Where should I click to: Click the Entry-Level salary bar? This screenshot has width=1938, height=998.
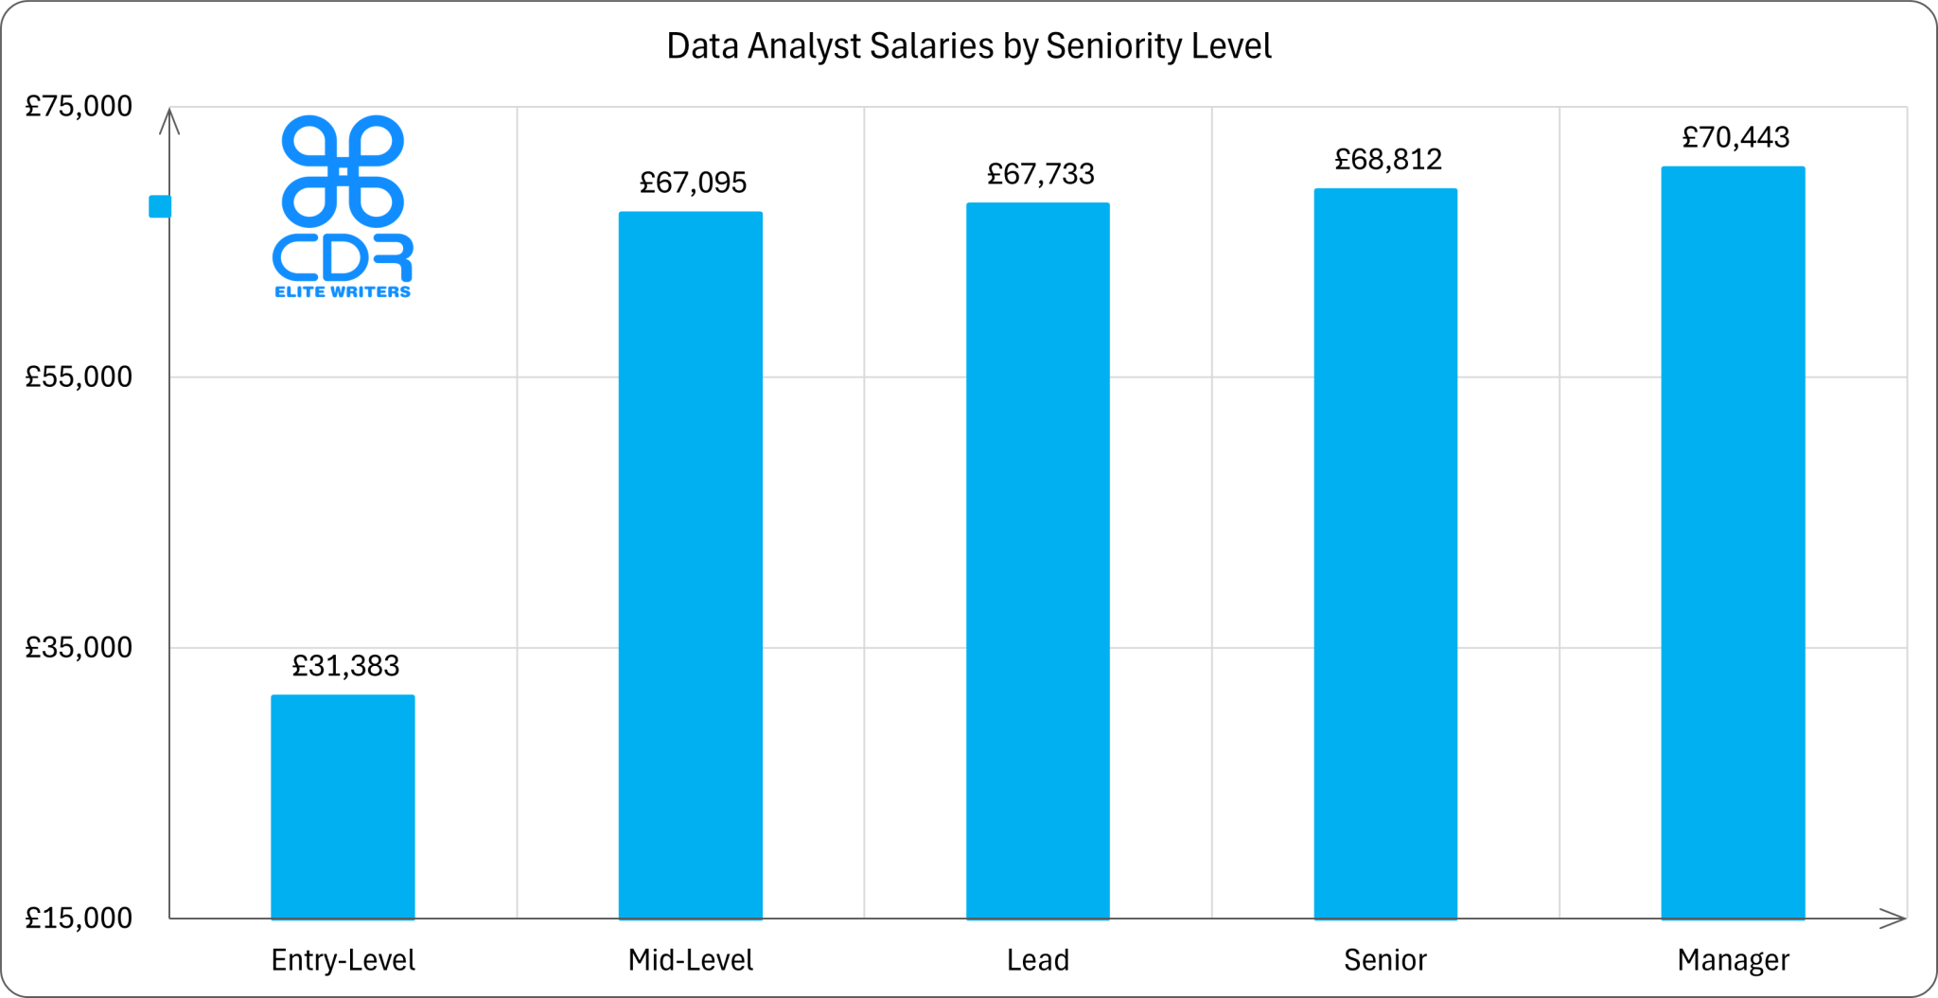click(x=343, y=806)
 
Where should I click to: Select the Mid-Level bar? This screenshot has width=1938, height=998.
click(x=690, y=565)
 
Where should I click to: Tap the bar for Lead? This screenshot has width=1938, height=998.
click(x=1037, y=560)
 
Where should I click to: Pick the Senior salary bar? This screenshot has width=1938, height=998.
click(x=1385, y=553)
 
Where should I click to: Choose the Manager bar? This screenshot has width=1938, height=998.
click(x=1733, y=542)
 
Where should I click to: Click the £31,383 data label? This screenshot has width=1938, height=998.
click(x=345, y=666)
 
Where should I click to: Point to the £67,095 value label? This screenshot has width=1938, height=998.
click(x=693, y=183)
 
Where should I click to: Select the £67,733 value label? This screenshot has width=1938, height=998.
click(x=1040, y=174)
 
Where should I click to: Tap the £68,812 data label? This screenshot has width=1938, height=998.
click(x=1388, y=160)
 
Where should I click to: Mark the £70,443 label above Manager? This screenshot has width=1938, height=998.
click(x=1735, y=138)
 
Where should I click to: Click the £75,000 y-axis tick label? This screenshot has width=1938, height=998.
click(x=79, y=106)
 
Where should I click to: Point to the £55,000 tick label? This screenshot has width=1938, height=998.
click(x=79, y=376)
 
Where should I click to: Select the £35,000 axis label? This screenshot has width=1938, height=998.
click(x=79, y=647)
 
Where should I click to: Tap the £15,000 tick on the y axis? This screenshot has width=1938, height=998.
click(x=79, y=918)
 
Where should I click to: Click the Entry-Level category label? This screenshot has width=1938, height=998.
click(x=343, y=960)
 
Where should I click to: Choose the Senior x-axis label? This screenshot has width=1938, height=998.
click(x=1384, y=960)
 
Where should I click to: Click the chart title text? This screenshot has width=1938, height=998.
click(x=968, y=46)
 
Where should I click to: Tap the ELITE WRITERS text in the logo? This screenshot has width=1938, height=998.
click(x=343, y=292)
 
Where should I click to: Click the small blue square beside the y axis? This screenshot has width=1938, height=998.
click(x=160, y=206)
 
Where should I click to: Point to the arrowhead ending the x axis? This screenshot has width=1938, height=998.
click(x=1892, y=919)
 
